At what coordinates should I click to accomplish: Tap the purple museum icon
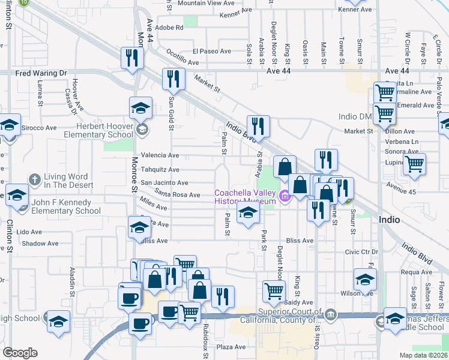(285, 196)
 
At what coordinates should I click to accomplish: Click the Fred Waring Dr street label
(41, 73)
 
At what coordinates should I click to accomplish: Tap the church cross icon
(35, 179)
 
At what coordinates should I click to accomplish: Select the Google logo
(20, 353)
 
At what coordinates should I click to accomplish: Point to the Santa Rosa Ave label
(177, 195)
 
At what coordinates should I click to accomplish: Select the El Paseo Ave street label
(212, 52)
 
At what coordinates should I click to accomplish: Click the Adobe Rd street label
(169, 28)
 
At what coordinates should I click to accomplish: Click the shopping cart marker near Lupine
(414, 164)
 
